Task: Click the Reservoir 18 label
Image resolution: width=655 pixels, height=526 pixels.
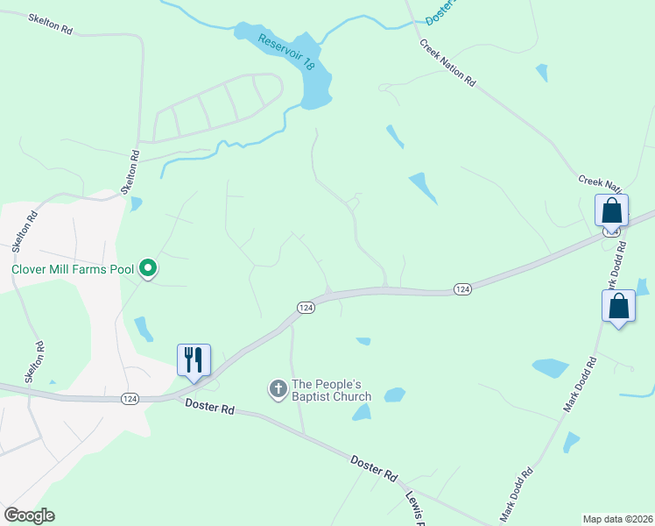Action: coord(285,51)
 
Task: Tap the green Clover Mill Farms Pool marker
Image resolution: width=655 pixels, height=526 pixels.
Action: coord(149,268)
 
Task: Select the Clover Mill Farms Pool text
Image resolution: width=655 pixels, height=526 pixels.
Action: coord(73,269)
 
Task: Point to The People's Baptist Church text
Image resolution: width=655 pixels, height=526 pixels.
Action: coord(332,390)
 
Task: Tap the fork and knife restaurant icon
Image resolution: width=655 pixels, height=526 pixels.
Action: coord(194,359)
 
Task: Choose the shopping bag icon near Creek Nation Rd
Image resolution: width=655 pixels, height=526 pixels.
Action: coord(611,210)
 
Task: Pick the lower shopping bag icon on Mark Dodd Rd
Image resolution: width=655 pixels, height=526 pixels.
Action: coord(618,306)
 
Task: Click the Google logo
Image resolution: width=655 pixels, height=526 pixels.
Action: coord(29,515)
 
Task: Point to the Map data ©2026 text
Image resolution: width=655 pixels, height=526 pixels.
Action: coord(617,518)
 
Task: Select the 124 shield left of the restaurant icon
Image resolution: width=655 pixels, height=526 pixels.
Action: coord(130,399)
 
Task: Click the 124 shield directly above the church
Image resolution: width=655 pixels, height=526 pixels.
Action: coord(305,308)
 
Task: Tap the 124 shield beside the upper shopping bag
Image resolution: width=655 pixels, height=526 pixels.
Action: coord(612,230)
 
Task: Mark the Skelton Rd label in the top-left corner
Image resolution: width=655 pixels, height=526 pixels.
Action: coord(50,24)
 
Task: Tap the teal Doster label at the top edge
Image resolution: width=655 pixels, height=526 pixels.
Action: coord(441,11)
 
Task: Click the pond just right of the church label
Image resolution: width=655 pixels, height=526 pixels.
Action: coord(395,394)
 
